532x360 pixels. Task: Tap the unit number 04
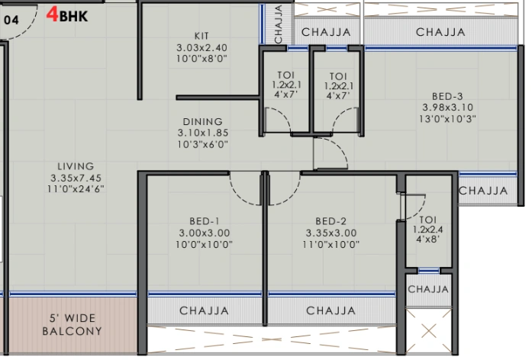(11, 20)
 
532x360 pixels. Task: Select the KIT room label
(202, 36)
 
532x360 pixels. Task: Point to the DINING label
(202, 121)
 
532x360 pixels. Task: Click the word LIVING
(76, 166)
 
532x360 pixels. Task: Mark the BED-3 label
(447, 96)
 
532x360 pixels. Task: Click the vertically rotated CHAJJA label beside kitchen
(279, 24)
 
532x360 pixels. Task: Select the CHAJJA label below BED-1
(204, 310)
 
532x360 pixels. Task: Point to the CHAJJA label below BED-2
(330, 310)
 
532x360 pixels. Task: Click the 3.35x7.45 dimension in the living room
(76, 177)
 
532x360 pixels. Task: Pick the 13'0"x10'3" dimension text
(448, 119)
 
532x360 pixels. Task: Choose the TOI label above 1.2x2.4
(427, 217)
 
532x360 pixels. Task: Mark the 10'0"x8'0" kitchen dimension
(202, 58)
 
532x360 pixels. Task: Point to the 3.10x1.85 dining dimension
(202, 133)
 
